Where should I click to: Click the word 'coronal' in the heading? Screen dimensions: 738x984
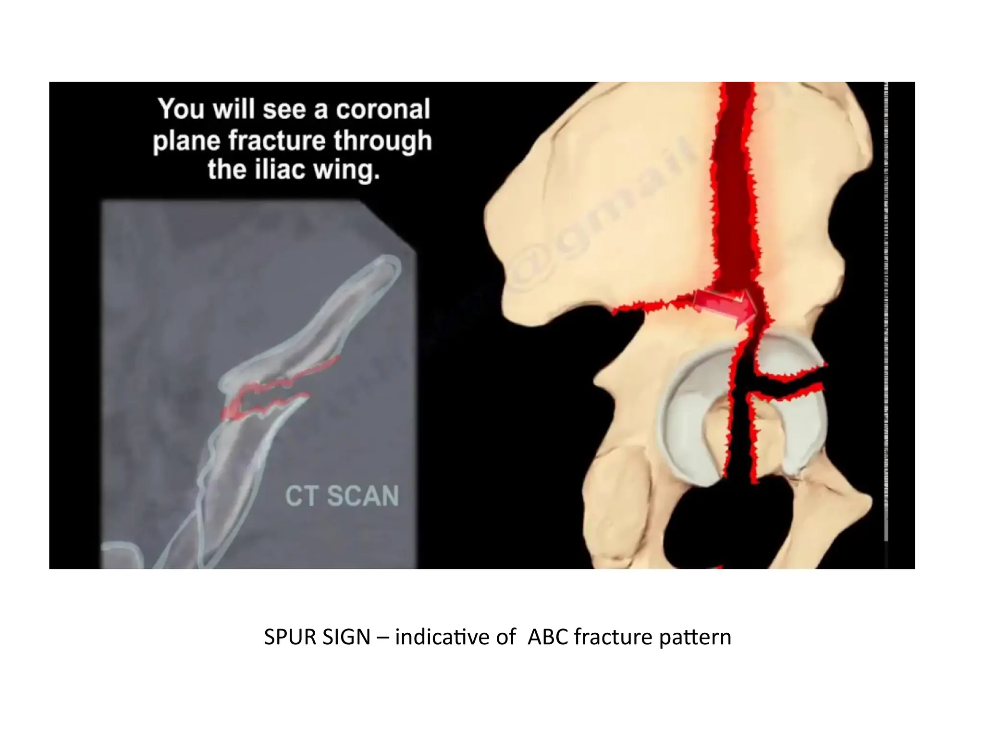tap(382, 109)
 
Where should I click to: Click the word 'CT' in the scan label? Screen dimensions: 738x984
tap(300, 496)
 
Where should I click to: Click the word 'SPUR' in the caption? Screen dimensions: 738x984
tap(290, 637)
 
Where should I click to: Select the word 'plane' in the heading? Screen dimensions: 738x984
tap(188, 141)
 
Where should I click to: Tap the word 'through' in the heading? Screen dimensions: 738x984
tap(383, 140)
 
